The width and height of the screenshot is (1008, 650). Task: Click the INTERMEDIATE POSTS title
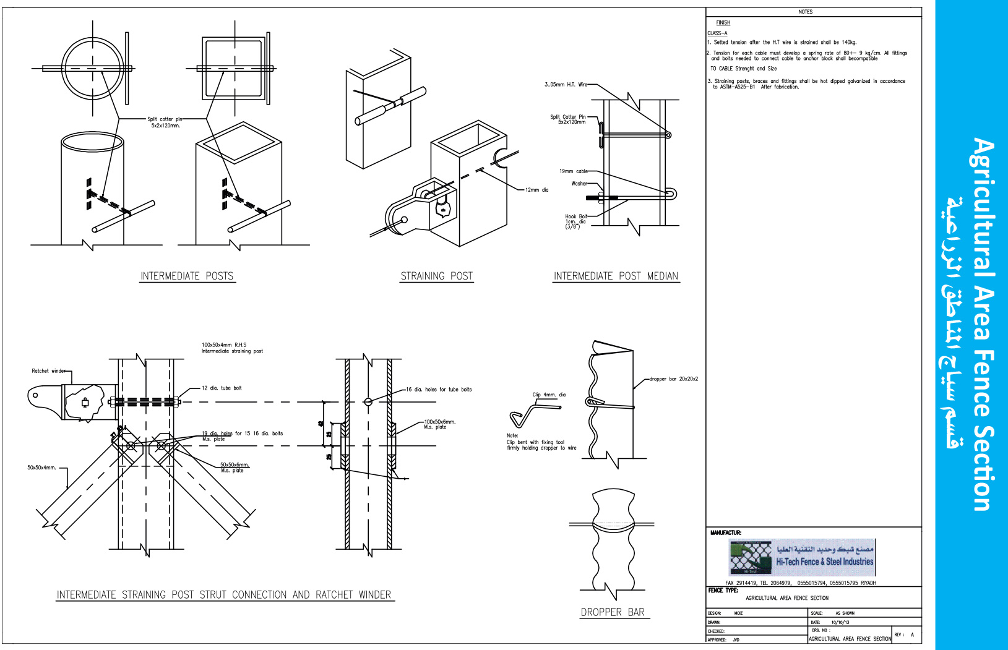coord(187,276)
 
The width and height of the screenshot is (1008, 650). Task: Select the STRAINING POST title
coord(436,276)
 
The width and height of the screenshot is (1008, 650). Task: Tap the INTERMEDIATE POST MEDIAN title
coord(616,276)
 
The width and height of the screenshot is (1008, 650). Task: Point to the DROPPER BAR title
coord(613,612)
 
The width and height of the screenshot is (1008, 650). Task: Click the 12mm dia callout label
coord(536,190)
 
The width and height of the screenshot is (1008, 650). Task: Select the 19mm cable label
coord(574,171)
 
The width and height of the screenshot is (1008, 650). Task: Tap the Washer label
coord(579,184)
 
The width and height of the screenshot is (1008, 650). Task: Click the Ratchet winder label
coord(48,371)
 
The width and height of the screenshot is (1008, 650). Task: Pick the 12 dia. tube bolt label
coord(222,388)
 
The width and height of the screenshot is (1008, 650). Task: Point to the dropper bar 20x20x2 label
coord(673,379)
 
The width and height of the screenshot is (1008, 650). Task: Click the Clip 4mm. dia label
coord(549,395)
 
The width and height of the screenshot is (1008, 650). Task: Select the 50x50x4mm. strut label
coord(41,468)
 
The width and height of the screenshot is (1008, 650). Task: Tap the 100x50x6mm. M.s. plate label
coord(439,424)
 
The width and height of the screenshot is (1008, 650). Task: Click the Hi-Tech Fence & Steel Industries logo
coord(802,557)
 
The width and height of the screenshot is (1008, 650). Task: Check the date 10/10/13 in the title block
coord(840,622)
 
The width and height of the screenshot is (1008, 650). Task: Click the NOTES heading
coord(805,12)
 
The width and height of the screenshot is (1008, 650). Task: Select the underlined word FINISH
coord(723,23)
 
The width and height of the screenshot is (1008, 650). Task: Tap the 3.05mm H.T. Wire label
coord(566,85)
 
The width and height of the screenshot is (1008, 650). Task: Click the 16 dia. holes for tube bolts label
coord(439,390)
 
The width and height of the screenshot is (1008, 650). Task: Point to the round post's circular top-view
coord(93,68)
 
